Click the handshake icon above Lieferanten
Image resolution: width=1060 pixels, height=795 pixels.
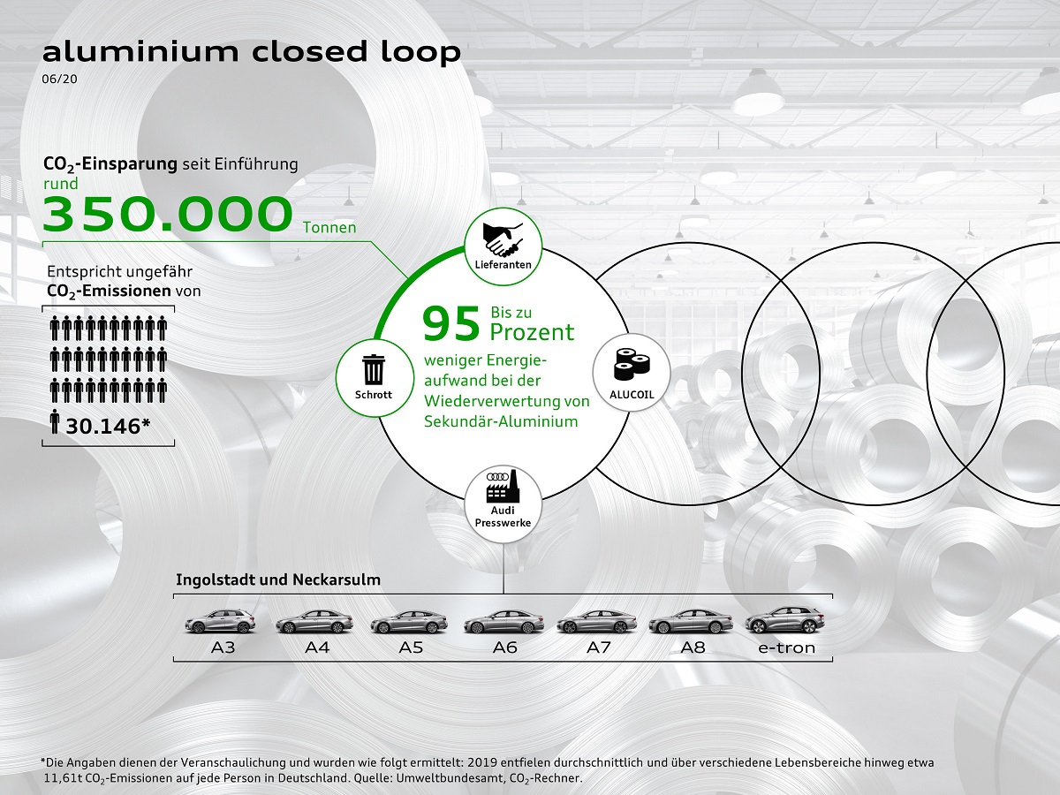point(503,238)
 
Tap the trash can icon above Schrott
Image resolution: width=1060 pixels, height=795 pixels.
point(374,370)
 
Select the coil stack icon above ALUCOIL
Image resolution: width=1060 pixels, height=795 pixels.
point(632,365)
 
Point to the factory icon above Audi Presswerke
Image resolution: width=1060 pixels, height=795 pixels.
point(503,487)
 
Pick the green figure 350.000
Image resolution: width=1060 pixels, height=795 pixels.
point(168,213)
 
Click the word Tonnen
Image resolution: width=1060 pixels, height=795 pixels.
point(329,227)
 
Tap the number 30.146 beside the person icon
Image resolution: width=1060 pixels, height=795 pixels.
point(108,427)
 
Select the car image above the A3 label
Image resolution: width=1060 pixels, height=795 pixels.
point(220,621)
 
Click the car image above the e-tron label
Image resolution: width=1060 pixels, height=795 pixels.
point(784,620)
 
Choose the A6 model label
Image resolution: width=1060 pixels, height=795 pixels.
point(504,647)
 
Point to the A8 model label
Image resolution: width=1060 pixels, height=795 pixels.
point(693,647)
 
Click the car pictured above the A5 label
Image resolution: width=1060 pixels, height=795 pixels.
point(409,622)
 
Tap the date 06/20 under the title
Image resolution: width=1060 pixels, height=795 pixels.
point(59,79)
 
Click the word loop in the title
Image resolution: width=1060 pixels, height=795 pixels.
point(420,53)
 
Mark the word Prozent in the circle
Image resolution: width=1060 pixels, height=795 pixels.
point(532,332)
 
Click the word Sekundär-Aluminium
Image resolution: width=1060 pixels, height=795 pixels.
point(501,421)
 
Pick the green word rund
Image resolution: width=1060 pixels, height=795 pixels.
point(60,184)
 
